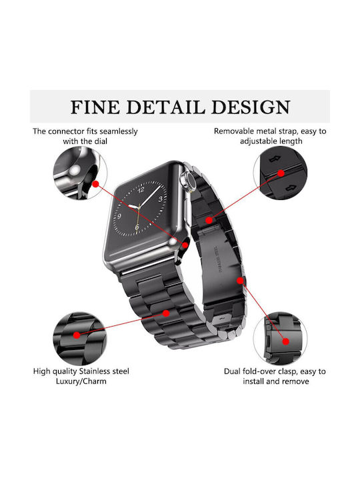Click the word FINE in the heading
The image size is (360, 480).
[95, 107]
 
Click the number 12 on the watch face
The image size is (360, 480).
[141, 190]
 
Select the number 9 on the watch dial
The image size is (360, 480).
[119, 216]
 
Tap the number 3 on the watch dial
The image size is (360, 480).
[160, 199]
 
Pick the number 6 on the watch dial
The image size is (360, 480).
[137, 227]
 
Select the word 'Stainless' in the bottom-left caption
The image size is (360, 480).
[94, 371]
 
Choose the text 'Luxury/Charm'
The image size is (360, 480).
[81, 381]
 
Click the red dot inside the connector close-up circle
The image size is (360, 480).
[95, 184]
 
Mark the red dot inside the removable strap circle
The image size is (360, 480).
[281, 173]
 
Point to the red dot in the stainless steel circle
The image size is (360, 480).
[77, 335]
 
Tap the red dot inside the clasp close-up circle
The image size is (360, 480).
[285, 341]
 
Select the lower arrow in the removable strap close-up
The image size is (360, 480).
[289, 187]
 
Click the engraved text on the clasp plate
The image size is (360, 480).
[215, 260]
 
